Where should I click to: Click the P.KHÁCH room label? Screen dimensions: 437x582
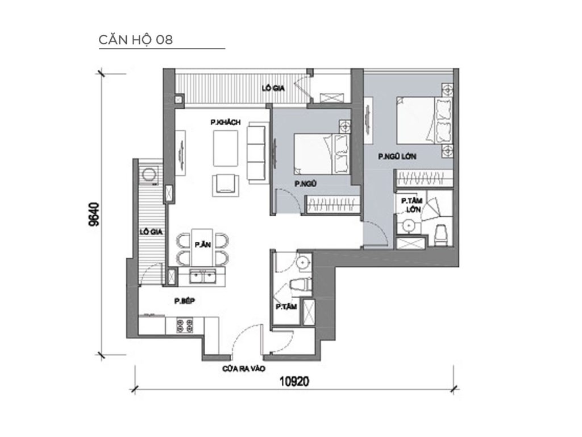(226, 122)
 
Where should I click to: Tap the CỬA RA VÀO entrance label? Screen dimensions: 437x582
(242, 369)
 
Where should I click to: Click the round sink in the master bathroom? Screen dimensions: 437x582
(408, 226)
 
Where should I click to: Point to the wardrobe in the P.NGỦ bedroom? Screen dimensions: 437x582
(331, 204)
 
